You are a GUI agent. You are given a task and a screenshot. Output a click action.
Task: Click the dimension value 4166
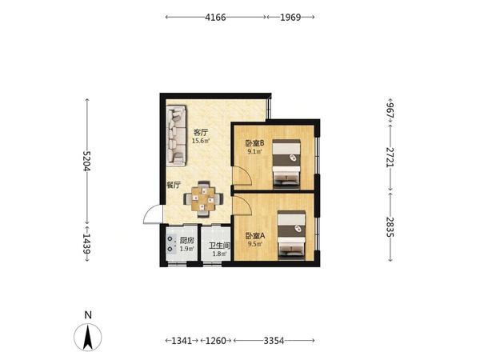pos(215,17)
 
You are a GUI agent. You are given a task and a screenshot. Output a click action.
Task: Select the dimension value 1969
pos(290,17)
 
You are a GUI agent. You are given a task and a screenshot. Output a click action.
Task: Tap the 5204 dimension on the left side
pos(87,161)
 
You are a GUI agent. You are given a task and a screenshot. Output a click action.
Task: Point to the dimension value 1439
pos(87,244)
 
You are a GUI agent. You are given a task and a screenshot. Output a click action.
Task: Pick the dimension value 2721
pos(390,158)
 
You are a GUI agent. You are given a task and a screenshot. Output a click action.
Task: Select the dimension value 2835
pos(390,227)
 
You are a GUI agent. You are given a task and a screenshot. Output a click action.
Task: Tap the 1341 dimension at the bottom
pos(182,341)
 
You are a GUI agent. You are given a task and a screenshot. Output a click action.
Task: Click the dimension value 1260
pos(215,341)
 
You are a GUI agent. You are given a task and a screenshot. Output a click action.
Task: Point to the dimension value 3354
pos(274,341)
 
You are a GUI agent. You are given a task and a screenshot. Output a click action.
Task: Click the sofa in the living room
pos(176,136)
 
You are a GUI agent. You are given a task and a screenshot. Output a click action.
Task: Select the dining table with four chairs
pos(203,199)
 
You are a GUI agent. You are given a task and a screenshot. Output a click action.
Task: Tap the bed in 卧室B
pos(286,163)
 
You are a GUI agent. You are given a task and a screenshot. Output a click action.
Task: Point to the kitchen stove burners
pos(170,244)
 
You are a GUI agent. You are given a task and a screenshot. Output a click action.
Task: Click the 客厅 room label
pos(201,133)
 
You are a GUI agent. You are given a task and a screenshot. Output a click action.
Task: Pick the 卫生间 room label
pos(219,246)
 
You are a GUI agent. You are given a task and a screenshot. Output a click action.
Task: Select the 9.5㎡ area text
pos(255,244)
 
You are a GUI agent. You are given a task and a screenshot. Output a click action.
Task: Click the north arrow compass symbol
pos(88,337)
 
